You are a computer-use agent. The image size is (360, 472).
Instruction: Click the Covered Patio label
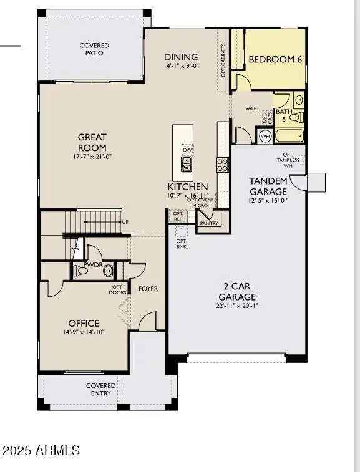tap(94, 49)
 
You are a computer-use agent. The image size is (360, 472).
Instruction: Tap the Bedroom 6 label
tap(275, 59)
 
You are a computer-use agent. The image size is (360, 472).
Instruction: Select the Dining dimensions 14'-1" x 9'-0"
tap(181, 66)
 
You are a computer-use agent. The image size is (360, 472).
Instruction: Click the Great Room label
tap(92, 142)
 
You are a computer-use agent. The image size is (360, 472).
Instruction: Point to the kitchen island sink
tap(186, 164)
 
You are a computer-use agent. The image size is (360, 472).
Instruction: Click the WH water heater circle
tap(265, 136)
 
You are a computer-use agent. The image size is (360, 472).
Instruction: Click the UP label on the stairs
tap(125, 222)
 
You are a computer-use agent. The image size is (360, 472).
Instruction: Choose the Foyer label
tap(148, 289)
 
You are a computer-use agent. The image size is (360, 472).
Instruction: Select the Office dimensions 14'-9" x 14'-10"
tap(84, 332)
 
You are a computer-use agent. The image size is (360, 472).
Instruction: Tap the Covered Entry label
tap(100, 390)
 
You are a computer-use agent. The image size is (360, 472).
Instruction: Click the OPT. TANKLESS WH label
tap(288, 160)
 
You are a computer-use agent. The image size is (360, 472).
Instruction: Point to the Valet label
tap(252, 108)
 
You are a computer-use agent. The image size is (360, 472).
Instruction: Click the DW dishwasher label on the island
tap(187, 150)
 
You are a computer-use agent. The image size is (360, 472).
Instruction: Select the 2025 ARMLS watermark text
tap(41, 450)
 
